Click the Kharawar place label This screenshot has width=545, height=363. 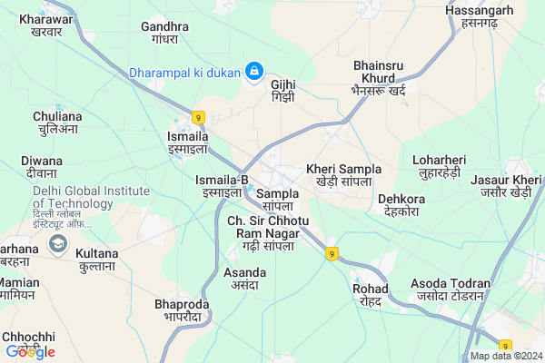click(x=45, y=24)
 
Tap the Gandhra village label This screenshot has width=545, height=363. click(x=164, y=34)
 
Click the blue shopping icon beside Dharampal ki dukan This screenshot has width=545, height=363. click(x=255, y=70)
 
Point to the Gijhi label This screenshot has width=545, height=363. click(x=283, y=91)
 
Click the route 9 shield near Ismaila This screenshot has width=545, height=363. click(x=197, y=116)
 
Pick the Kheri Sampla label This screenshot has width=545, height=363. click(x=343, y=175)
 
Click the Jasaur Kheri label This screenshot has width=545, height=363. click(x=507, y=186)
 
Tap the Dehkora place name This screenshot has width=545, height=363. click(x=401, y=204)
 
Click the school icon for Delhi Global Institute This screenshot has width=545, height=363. click(x=59, y=243)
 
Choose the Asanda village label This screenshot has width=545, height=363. click(x=244, y=280)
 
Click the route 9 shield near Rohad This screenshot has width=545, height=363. click(x=333, y=252)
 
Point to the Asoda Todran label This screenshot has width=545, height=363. click(x=451, y=289)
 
